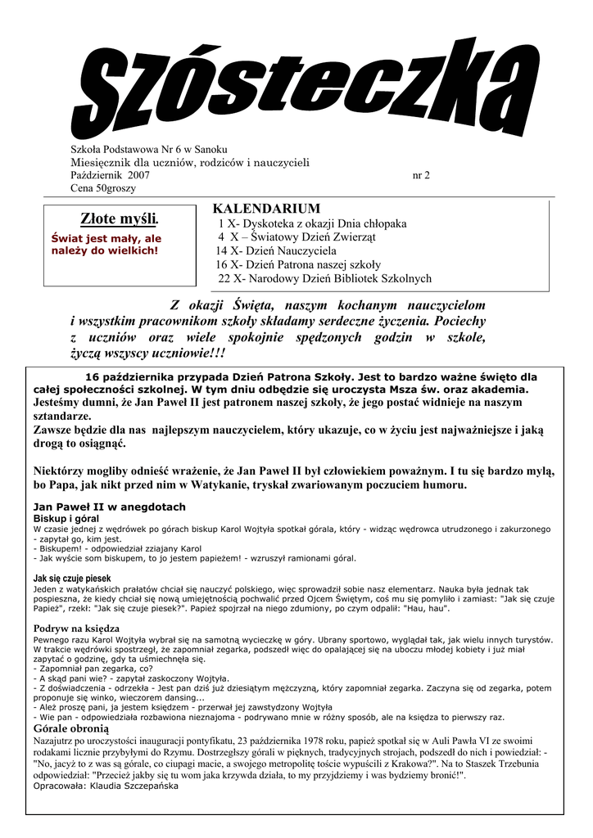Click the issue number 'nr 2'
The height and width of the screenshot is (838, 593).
coord(421,175)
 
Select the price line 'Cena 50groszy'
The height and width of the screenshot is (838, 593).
coord(103,188)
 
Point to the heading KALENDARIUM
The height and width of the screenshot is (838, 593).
coord(266,209)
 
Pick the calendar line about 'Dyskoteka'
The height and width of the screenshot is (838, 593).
coord(311,223)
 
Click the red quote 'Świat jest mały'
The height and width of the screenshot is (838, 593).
coord(106,244)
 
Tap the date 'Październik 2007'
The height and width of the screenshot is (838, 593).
coord(110,175)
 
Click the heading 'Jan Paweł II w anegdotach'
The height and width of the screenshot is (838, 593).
coord(110,507)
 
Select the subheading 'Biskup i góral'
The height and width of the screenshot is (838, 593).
coord(66,519)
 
